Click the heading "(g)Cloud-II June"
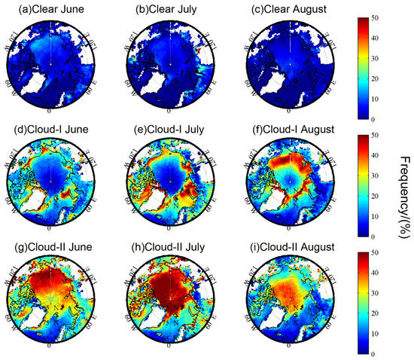[50, 246]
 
